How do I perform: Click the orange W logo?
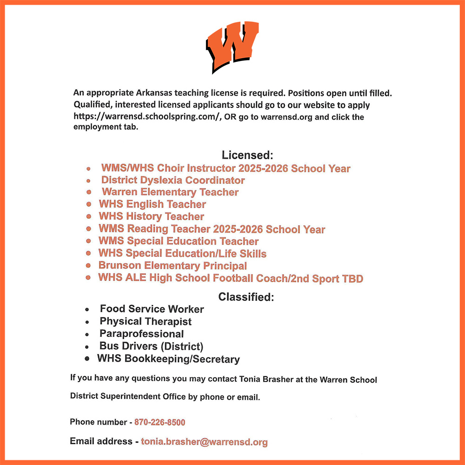pyautogui.click(x=232, y=47)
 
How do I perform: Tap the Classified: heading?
pyautogui.click(x=246, y=297)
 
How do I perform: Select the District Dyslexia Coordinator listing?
pyautogui.click(x=173, y=180)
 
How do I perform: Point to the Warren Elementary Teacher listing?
pyautogui.click(x=170, y=192)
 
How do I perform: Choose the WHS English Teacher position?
pyautogui.click(x=152, y=204)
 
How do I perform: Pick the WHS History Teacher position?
pyautogui.click(x=151, y=216)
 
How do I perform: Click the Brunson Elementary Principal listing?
pyautogui.click(x=173, y=266)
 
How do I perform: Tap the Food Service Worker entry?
pyautogui.click(x=152, y=309)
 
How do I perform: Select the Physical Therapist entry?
pyautogui.click(x=146, y=322)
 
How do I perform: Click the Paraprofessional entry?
pyautogui.click(x=141, y=334)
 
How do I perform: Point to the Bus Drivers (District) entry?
pyautogui.click(x=151, y=346)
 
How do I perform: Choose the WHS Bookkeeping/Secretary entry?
pyautogui.click(x=168, y=359)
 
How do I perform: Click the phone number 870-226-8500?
pyautogui.click(x=159, y=423)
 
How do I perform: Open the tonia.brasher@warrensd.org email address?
pyautogui.click(x=204, y=442)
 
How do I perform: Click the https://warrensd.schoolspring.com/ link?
pyautogui.click(x=147, y=117)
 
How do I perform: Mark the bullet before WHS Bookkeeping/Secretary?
pyautogui.click(x=87, y=359)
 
